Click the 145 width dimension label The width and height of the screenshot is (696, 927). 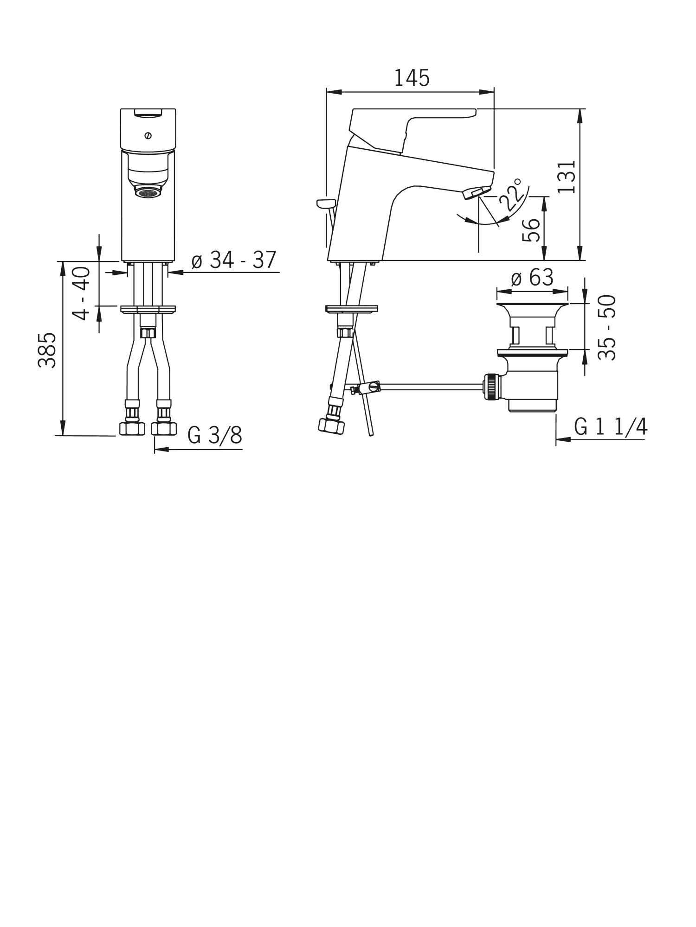(412, 78)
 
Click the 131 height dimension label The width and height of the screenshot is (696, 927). (567, 177)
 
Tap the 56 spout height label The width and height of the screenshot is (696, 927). (531, 230)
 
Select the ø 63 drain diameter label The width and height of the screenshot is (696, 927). (532, 278)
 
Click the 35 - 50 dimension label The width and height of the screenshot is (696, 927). (607, 327)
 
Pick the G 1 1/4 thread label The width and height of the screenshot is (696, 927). (611, 426)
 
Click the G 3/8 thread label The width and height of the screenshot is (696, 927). (215, 435)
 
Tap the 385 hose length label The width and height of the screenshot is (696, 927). (47, 350)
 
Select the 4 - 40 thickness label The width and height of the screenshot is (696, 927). (82, 293)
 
